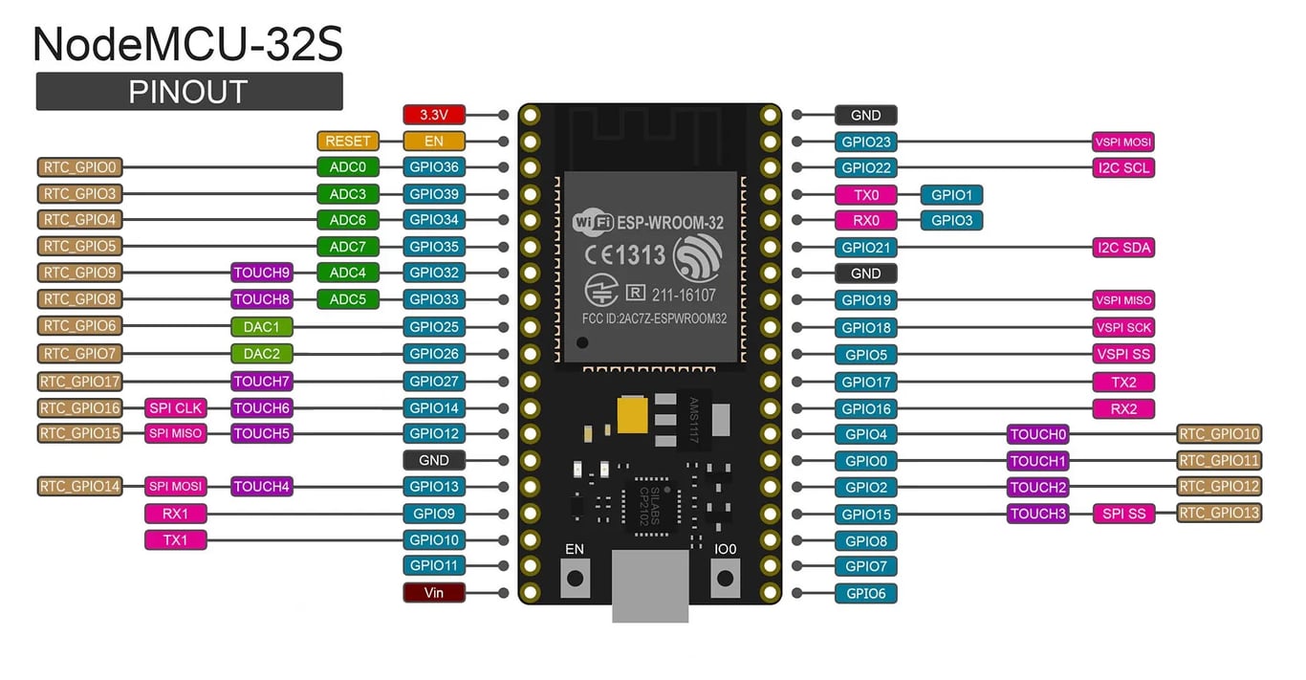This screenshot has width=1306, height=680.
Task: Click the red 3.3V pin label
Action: coord(434,115)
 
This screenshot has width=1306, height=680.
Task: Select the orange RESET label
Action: coord(347,141)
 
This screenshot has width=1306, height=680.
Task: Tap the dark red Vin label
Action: coord(434,592)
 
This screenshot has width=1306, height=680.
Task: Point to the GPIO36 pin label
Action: coord(434,167)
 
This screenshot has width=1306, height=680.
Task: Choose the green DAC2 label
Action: coord(261,354)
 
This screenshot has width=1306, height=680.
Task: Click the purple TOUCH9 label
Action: coord(261,273)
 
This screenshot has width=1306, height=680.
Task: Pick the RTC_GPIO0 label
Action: coord(79,167)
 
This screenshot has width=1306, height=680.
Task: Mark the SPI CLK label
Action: coord(175,408)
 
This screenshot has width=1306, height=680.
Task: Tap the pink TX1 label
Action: coord(175,540)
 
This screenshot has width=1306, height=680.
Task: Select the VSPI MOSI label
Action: coord(1123,142)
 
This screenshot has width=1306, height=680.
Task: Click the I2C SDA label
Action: coord(1123,248)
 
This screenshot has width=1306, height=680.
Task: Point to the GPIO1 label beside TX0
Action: coord(951,195)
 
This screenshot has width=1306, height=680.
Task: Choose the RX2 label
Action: coord(1123,409)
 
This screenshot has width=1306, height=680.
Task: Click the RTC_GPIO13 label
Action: coord(1219,513)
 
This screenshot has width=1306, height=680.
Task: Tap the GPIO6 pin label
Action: coord(865,593)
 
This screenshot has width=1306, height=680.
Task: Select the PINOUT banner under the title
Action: coord(189,92)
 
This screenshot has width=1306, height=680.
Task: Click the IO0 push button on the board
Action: coord(726,578)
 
